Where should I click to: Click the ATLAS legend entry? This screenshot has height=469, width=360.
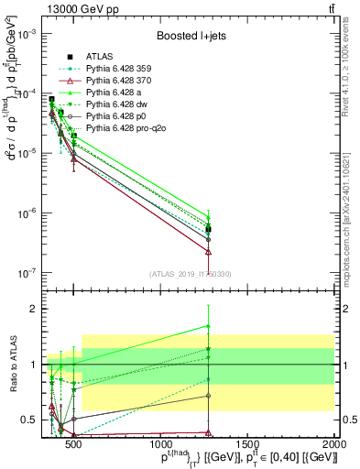point(100,56)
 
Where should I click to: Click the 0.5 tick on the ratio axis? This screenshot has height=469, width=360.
point(35,420)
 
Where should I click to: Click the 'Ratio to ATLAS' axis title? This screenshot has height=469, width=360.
point(13,365)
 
